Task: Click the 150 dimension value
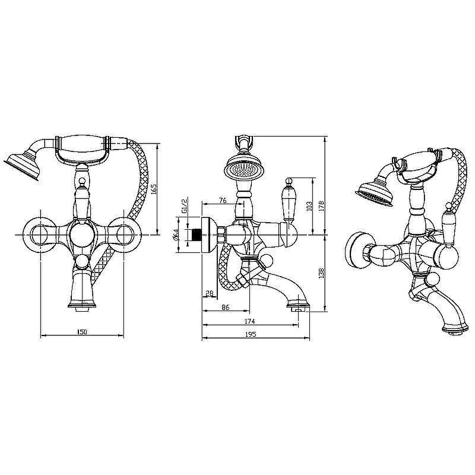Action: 82,332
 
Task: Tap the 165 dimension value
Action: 153,189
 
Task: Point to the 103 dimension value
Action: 309,206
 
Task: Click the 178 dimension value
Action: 322,205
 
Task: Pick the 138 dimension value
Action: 322,273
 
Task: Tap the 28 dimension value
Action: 210,293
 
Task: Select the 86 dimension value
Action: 226,307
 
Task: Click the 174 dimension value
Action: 249,321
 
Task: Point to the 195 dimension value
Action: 251,334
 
